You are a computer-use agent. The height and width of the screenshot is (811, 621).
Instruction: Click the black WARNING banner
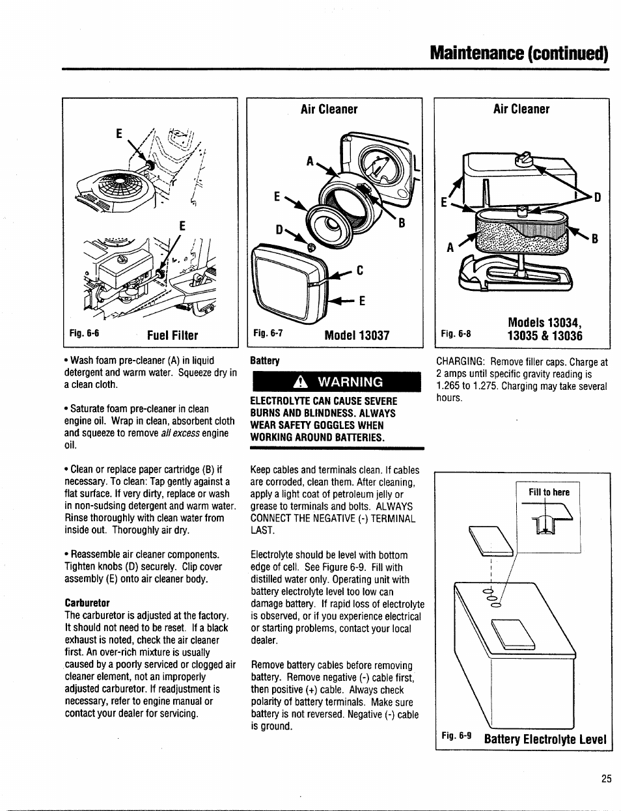tap(337, 381)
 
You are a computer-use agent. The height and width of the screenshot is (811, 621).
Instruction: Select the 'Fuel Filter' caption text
tap(172, 335)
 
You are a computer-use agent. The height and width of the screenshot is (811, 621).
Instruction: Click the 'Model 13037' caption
tap(357, 335)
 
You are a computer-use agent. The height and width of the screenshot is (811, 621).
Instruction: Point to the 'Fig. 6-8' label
tap(455, 334)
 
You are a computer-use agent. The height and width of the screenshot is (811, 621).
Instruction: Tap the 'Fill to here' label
tap(548, 492)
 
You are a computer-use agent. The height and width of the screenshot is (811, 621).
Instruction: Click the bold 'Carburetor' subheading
tap(87, 603)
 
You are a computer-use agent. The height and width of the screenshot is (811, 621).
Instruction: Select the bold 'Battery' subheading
tap(265, 361)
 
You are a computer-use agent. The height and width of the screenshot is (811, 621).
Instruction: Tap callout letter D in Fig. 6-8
tap(596, 196)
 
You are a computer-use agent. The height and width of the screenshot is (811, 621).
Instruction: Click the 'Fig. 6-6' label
tap(85, 334)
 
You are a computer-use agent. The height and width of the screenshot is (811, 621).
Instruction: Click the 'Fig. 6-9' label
tap(456, 737)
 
